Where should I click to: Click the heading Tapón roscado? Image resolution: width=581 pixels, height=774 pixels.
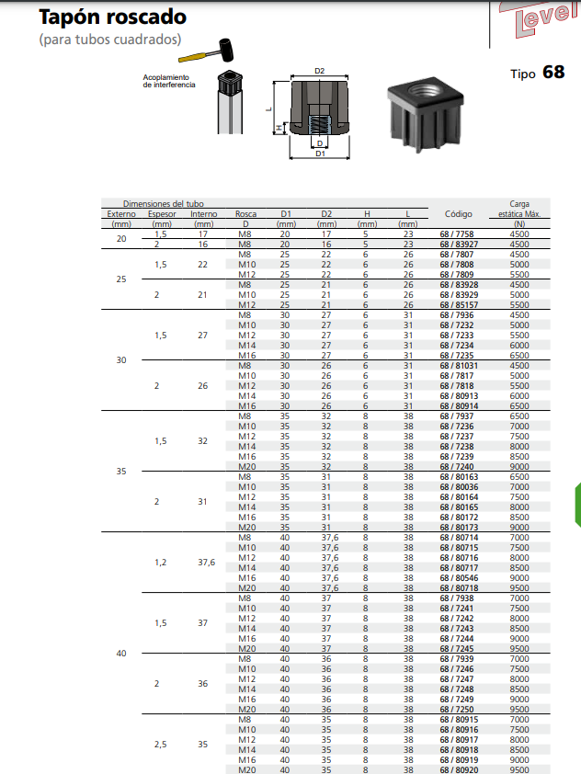point(112,17)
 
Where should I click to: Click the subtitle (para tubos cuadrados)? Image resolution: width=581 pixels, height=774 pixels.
point(109,40)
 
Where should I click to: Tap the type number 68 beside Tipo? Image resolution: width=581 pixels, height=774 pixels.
point(553,72)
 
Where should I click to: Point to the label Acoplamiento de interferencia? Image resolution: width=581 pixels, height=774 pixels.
point(169,81)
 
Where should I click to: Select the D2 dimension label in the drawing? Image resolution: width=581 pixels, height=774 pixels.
point(320,70)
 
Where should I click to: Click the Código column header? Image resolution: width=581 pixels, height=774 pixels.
point(458,214)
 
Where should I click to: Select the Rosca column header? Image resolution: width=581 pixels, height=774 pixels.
point(245,219)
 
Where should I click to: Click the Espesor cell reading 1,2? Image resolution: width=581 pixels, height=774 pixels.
point(162,563)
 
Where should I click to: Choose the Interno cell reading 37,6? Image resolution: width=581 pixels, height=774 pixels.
point(204,563)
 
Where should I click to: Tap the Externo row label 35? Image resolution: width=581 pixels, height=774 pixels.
point(121,472)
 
